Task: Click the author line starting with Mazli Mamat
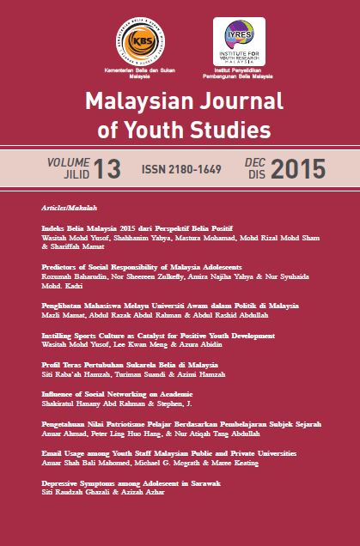point(156,314)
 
